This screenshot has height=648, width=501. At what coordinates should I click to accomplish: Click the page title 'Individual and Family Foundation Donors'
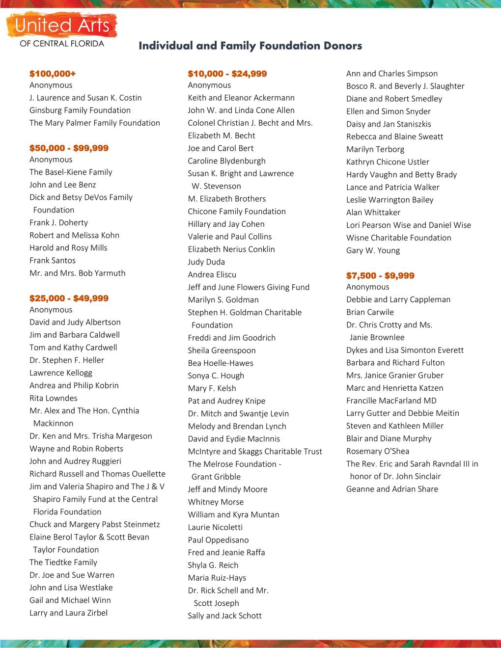point(250,46)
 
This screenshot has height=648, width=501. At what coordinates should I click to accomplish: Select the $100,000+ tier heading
point(53,74)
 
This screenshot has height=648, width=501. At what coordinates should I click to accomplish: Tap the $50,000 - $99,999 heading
point(69,148)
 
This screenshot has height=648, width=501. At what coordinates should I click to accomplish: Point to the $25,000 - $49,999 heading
point(69,298)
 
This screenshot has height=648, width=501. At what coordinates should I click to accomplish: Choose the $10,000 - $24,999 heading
point(227,74)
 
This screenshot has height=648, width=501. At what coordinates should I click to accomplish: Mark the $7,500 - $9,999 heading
point(380,275)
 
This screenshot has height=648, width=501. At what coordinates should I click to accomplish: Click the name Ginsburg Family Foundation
point(80,110)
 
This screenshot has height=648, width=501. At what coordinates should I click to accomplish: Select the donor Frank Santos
point(53,261)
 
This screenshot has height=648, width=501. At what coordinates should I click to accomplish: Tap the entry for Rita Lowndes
point(54,398)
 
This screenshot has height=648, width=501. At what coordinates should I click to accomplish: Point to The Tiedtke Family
point(63,563)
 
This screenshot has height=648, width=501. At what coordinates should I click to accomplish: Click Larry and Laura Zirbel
point(68,613)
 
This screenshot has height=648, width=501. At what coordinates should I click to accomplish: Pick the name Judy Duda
point(206,262)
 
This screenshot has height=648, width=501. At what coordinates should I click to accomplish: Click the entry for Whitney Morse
point(216,502)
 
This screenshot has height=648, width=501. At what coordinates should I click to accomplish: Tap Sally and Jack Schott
point(224,616)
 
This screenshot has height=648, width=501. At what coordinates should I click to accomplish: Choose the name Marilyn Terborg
point(375,149)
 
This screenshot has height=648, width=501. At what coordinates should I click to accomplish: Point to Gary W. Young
point(373,250)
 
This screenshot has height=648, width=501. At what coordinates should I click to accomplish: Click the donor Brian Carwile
point(370,312)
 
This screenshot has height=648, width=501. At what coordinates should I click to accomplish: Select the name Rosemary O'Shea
point(378,451)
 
